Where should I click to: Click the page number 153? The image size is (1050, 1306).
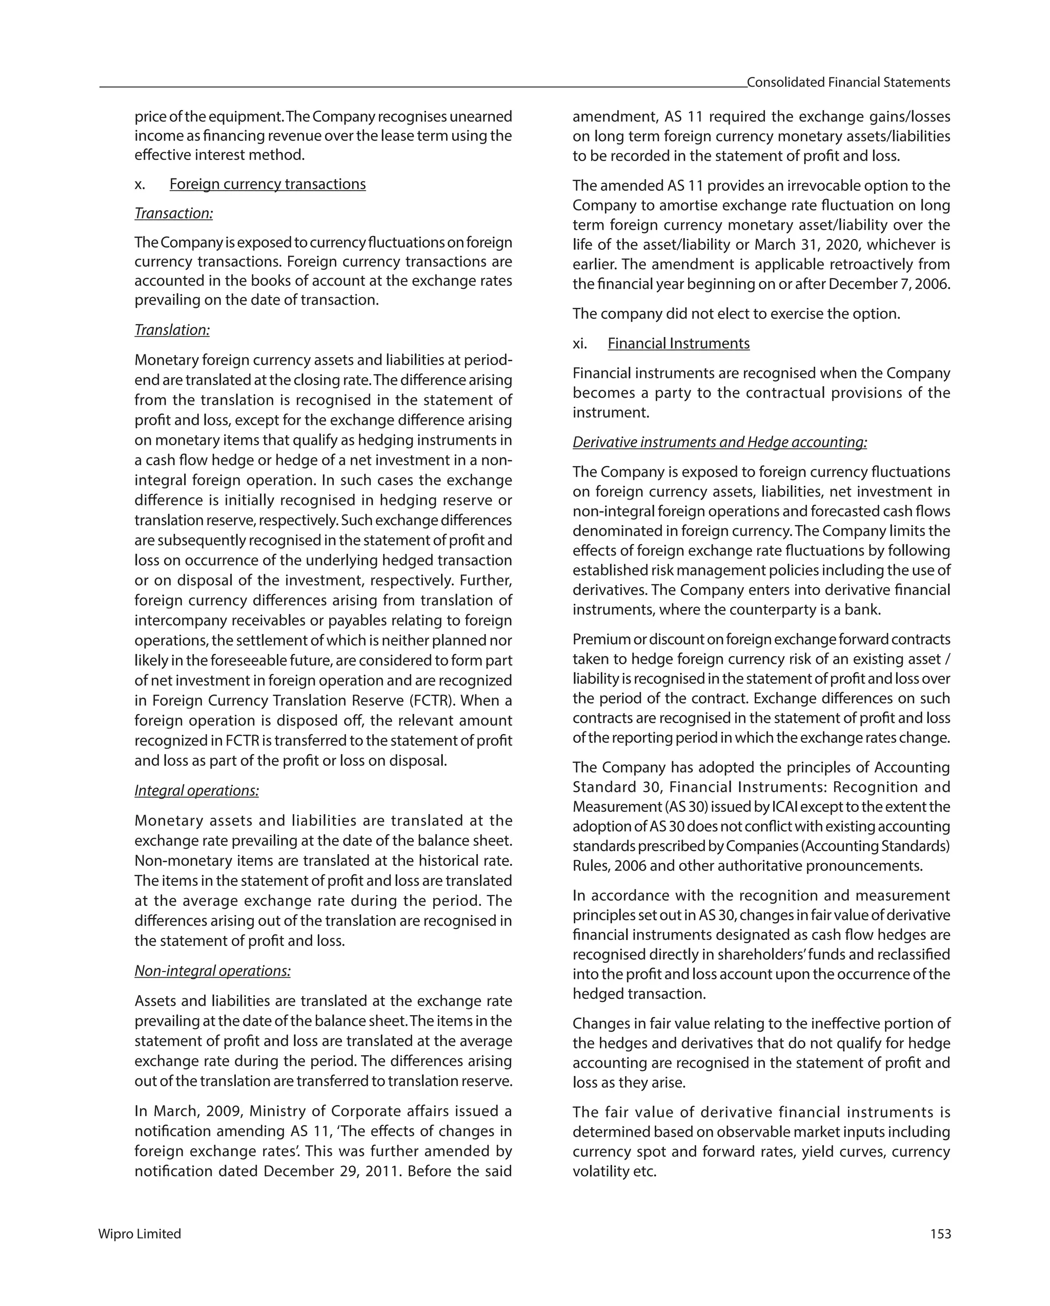point(940,1234)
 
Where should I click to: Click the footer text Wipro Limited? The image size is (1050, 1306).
point(139,1234)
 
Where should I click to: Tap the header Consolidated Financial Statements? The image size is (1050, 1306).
point(848,83)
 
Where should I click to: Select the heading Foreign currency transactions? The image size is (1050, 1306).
point(267,184)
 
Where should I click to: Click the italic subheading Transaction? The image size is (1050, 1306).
point(173,213)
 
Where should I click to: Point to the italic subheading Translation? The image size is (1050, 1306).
point(172,330)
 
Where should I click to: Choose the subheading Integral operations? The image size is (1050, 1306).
point(196,790)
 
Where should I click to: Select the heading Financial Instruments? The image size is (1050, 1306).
point(678,344)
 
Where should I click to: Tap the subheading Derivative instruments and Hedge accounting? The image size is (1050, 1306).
point(719,442)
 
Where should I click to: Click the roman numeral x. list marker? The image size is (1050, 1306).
point(140,184)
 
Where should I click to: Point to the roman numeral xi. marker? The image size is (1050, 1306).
point(579,344)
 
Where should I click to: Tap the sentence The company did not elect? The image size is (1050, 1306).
point(736,314)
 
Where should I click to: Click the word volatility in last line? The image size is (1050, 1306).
point(600,1172)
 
